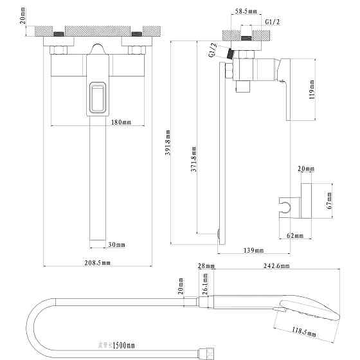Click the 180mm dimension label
(122, 122)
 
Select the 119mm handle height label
(312, 89)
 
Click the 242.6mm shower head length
(276, 266)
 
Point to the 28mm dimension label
(206, 266)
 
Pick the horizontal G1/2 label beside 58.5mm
(273, 21)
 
